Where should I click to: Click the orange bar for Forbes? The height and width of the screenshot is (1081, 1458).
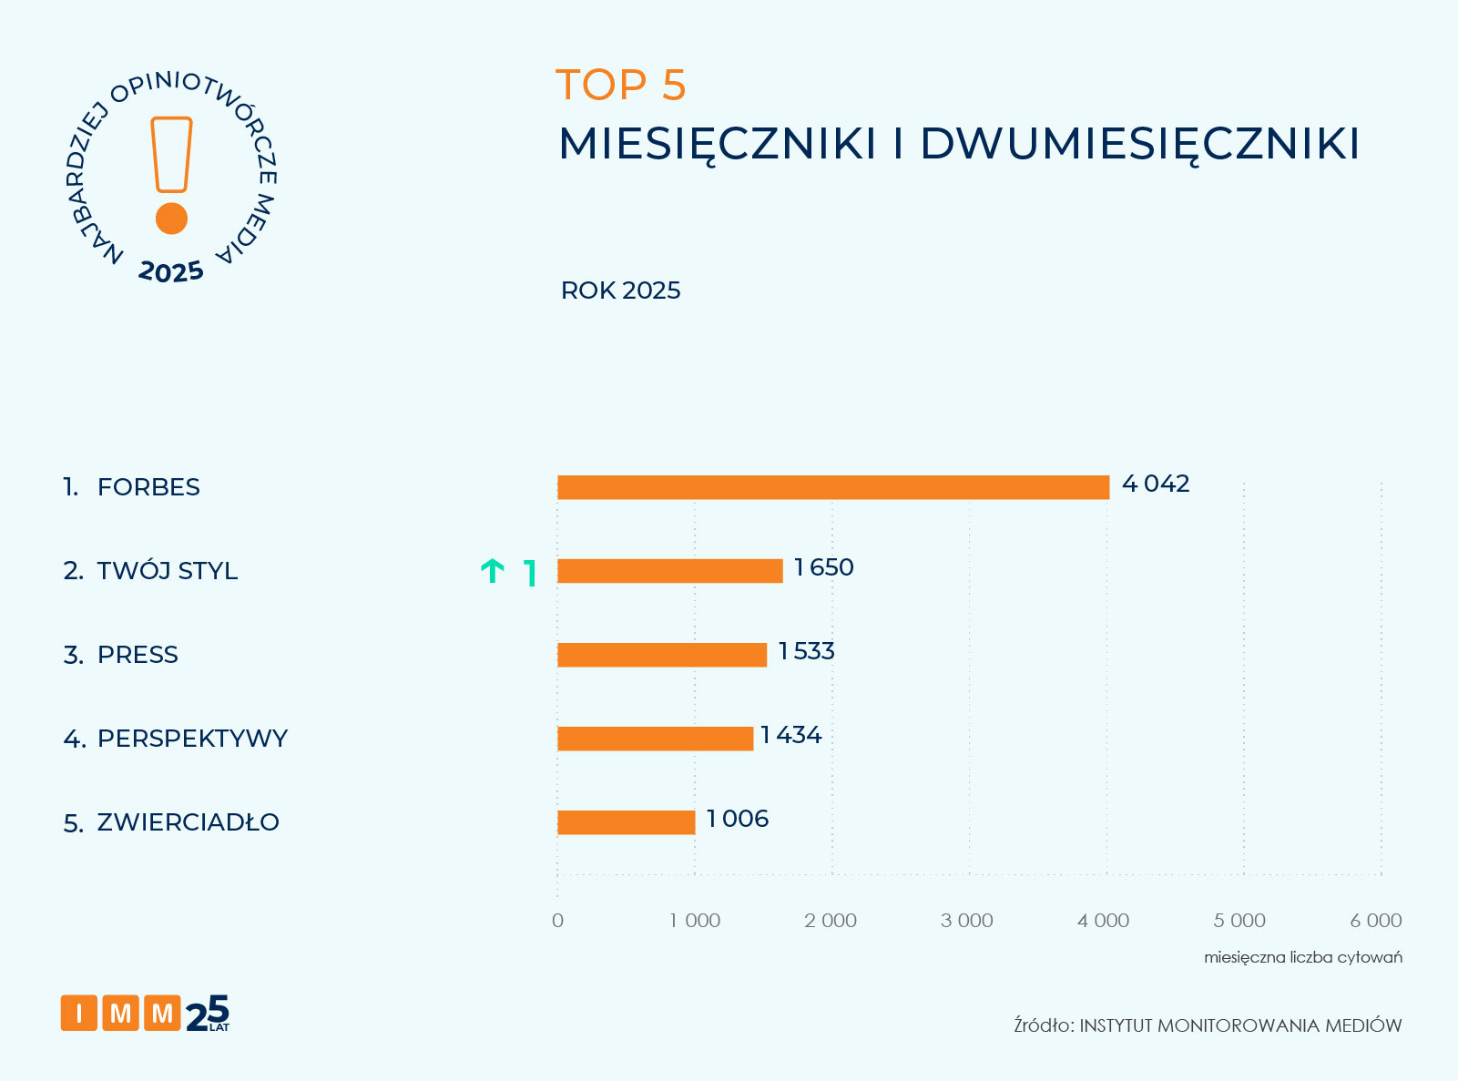click(x=833, y=487)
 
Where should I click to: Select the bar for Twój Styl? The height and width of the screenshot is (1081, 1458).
click(x=670, y=571)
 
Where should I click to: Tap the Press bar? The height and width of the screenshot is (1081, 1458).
click(x=662, y=655)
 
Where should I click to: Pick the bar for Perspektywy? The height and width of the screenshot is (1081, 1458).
click(x=656, y=739)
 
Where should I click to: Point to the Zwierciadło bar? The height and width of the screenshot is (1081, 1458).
click(x=627, y=822)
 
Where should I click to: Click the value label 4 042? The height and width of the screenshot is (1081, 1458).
click(x=1156, y=484)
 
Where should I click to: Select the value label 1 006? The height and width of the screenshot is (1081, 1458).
click(x=738, y=819)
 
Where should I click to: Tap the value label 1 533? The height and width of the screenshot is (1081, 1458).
click(x=807, y=651)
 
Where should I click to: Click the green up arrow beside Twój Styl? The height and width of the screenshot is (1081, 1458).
click(x=493, y=572)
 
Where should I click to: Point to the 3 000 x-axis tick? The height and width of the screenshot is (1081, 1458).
click(x=967, y=921)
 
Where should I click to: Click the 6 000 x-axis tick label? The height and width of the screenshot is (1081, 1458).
click(x=1376, y=921)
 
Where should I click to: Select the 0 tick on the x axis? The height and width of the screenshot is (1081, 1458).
click(x=558, y=921)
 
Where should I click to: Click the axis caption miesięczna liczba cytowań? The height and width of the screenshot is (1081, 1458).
click(x=1303, y=957)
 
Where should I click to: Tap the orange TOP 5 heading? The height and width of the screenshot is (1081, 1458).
click(x=621, y=86)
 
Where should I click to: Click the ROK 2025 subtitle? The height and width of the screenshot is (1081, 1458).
click(x=621, y=291)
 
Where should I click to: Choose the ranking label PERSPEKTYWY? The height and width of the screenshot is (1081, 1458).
click(x=192, y=739)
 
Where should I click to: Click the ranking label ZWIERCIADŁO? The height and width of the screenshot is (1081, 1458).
click(x=188, y=822)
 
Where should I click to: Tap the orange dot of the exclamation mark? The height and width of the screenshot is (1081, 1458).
click(x=171, y=219)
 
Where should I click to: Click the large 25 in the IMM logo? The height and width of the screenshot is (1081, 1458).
click(x=208, y=1013)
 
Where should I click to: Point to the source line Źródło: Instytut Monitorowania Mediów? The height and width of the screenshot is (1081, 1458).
click(x=1208, y=1025)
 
